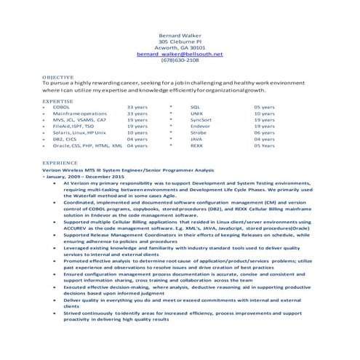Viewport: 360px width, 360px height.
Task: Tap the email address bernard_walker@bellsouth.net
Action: click(180, 54)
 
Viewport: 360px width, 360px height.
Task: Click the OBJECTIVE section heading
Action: click(57, 76)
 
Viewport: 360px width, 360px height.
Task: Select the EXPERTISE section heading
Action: click(57, 101)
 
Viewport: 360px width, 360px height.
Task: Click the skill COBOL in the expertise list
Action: click(62, 108)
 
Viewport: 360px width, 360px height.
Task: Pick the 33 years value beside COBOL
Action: click(137, 108)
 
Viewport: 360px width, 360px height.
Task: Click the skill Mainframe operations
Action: click(79, 113)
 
